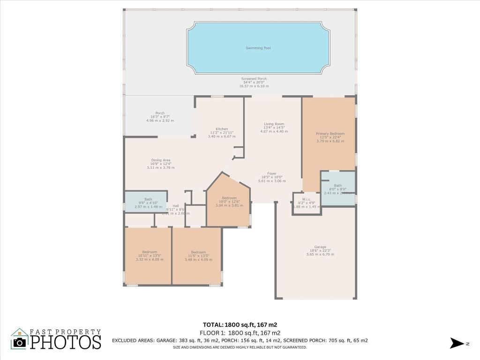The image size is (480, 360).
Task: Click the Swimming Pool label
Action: (x=258, y=48)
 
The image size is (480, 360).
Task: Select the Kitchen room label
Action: (x=222, y=129)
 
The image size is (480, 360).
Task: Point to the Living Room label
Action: (x=274, y=124)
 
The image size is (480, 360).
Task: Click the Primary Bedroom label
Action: (x=330, y=134)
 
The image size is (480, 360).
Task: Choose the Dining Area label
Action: (x=160, y=160)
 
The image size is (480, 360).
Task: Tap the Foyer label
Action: (x=272, y=173)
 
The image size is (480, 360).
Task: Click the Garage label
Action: (x=321, y=247)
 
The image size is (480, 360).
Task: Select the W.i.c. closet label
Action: (x=307, y=199)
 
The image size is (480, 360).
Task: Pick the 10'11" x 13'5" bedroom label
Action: (x=148, y=252)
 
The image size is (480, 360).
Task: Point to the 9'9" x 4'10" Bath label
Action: (x=148, y=199)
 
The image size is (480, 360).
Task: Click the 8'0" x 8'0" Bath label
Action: (x=337, y=186)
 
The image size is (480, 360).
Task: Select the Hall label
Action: (x=176, y=206)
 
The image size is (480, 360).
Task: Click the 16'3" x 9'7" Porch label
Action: (x=160, y=113)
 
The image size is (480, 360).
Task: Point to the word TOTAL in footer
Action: (x=214, y=324)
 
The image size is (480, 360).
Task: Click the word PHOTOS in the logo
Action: (x=66, y=342)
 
